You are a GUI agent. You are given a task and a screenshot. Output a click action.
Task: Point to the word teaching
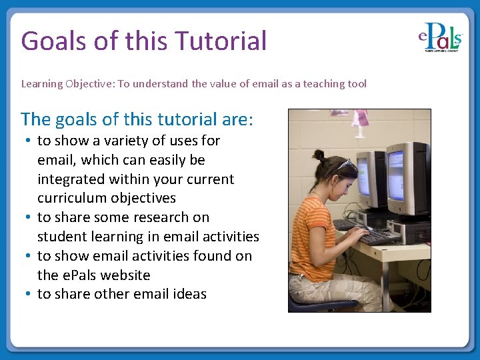[306, 84]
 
